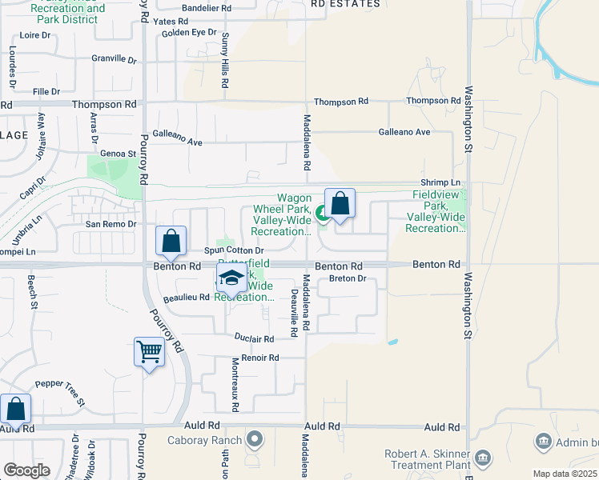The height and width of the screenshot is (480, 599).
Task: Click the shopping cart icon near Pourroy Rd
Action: click(150, 351)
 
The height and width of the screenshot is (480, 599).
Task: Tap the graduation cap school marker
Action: click(231, 279)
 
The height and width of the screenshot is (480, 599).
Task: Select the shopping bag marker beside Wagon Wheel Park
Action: click(340, 204)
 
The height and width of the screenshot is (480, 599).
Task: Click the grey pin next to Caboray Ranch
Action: click(255, 438)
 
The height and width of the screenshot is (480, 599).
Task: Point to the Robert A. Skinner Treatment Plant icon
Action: click(483, 458)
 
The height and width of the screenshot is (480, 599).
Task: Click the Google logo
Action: click(26, 470)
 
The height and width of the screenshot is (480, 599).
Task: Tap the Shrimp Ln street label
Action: click(444, 183)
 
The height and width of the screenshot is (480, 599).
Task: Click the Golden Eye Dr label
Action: click(189, 33)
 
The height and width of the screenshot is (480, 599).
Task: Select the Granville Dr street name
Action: click(115, 58)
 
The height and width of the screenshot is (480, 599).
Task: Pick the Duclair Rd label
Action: click(255, 338)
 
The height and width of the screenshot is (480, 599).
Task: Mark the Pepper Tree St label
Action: click(60, 389)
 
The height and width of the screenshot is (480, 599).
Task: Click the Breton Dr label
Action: click(347, 279)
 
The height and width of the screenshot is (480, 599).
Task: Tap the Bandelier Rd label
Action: click(207, 7)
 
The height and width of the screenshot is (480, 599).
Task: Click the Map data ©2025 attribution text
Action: click(565, 474)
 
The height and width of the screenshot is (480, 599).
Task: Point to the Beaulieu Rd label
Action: click(186, 297)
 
